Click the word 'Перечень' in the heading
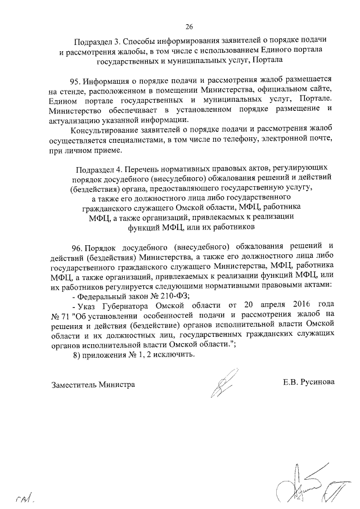(143, 168)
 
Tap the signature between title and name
(224, 385)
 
